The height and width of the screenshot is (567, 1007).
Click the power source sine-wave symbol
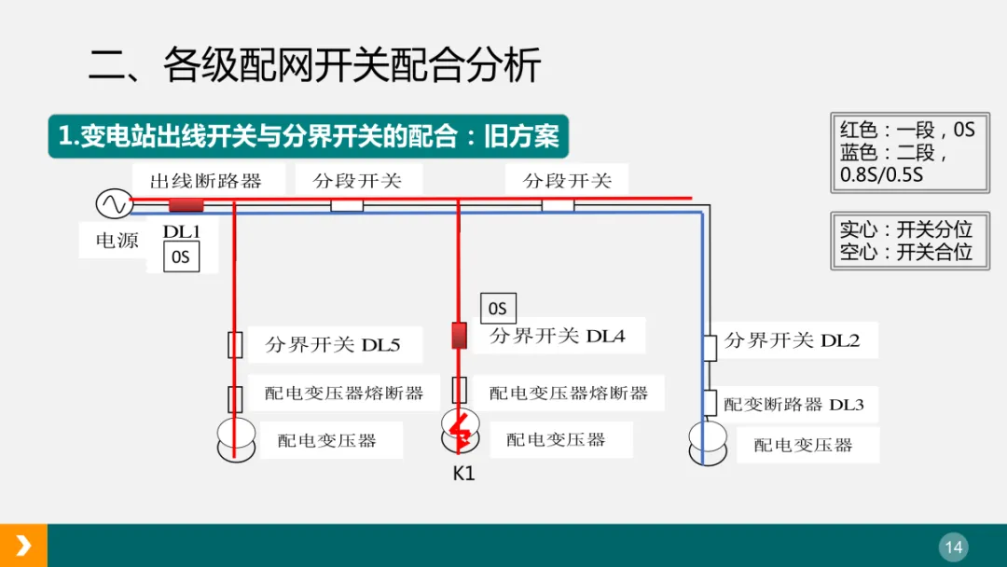[114, 203]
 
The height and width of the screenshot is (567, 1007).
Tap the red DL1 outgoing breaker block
[186, 205]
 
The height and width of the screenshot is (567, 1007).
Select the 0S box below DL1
[181, 257]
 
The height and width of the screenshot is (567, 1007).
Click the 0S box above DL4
[498, 309]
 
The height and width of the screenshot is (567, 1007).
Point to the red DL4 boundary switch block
[459, 336]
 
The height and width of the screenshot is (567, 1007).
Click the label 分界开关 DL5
[333, 345]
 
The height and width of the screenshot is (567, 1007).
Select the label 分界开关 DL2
[792, 340]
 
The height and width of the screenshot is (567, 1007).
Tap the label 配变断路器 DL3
[793, 405]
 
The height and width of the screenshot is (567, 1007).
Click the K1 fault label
[463, 473]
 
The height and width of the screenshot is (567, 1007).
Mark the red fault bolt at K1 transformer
[459, 428]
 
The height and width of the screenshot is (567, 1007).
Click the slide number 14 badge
[953, 547]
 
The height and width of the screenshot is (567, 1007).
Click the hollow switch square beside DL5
[236, 344]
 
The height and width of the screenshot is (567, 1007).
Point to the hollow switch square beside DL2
[710, 347]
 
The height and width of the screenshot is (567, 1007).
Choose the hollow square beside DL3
[710, 403]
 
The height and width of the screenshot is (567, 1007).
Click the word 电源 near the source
[117, 241]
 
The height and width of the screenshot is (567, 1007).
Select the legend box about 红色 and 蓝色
[909, 152]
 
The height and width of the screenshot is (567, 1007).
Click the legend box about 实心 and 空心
[909, 241]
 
